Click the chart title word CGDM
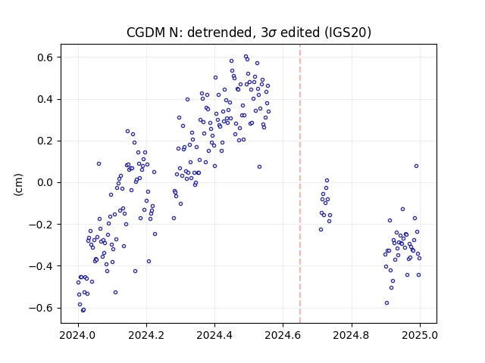coord(146,33)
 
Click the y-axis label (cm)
coord(18,185)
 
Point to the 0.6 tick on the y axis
coord(45,57)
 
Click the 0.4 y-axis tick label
coord(45,99)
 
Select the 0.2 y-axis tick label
coord(45,141)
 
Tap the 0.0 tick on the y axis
coord(45,183)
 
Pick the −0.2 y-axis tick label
coord(42,225)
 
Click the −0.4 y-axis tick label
coord(42,266)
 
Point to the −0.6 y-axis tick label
coord(42,308)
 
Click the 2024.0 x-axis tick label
coord(78,335)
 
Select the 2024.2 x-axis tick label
coord(146,335)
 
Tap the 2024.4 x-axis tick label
coord(214,335)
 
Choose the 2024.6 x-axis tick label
coord(283,335)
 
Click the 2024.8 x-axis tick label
coord(352,335)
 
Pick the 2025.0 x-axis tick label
coord(420,335)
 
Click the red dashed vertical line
coord(300,184)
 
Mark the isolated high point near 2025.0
coord(416,166)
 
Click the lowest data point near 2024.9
coord(386,303)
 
